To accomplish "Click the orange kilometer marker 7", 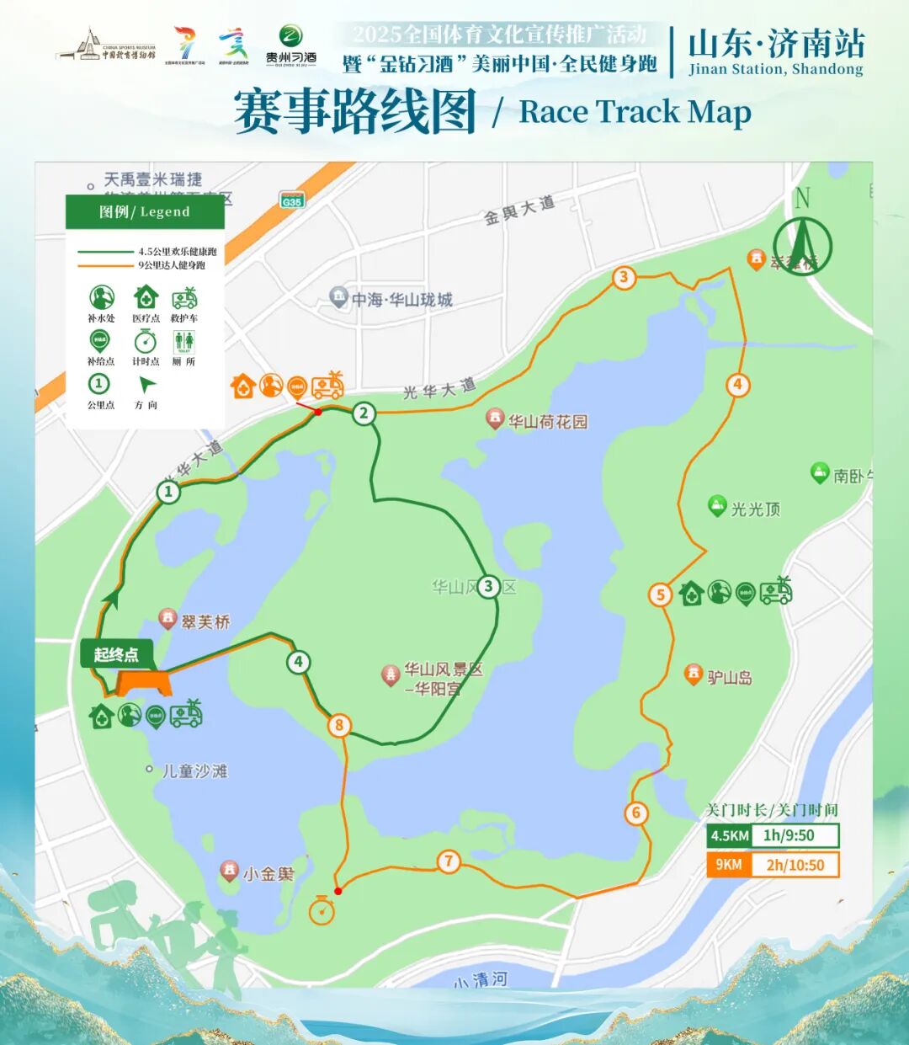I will tap(449, 861).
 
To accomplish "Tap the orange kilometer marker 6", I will tap(636, 813).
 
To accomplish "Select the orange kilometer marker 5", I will tap(661, 594).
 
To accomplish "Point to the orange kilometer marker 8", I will tap(339, 725).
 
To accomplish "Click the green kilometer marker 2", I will tap(364, 413).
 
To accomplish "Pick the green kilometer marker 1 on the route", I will tap(168, 492).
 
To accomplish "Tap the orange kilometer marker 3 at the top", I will tap(624, 277).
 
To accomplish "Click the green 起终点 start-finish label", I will tap(116, 655).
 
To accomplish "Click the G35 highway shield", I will tap(292, 201).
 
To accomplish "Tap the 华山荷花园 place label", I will tap(547, 422).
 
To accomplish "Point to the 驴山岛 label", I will tap(729, 677).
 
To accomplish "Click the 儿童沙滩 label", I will tap(194, 770).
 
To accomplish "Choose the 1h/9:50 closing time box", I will tap(788, 835).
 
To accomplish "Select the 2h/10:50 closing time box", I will tap(794, 865).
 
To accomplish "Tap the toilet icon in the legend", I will tap(183, 341).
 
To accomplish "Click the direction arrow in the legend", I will tap(146, 386).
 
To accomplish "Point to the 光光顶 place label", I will tap(755, 509).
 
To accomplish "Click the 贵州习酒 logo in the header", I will tap(291, 45).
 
